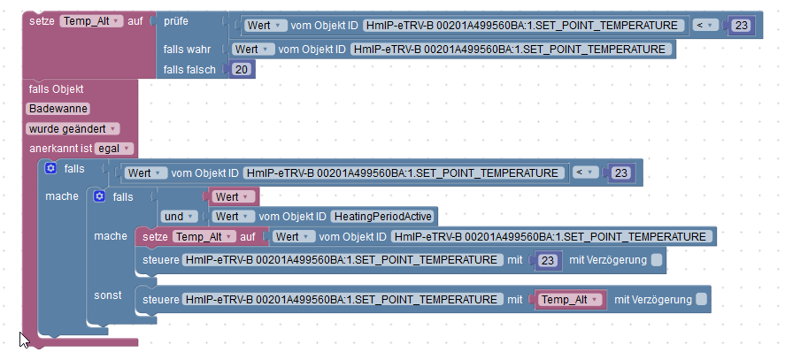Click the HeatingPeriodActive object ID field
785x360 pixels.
point(383,217)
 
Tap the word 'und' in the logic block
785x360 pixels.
point(173,217)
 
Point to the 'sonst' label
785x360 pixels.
point(109,293)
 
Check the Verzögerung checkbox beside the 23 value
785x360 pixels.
point(656,260)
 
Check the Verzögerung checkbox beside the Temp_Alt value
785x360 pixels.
point(702,300)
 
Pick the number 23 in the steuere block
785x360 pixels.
point(548,261)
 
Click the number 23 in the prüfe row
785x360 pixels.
point(741,26)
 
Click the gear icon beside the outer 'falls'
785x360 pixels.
point(50,168)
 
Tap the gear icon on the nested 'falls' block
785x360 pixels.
point(99,196)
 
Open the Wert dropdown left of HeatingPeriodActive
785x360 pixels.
point(234,217)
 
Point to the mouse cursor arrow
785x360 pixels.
point(23,338)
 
